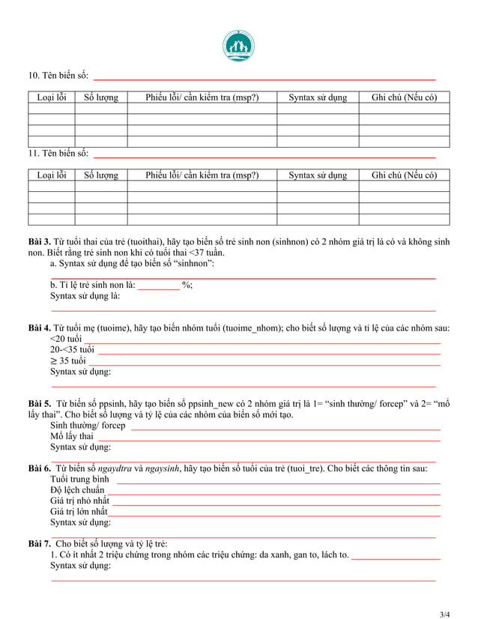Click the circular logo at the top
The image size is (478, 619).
pos(238,46)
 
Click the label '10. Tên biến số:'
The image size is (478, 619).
pos(58,76)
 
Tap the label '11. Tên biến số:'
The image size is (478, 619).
pos(58,154)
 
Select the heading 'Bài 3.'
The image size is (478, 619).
pos(39,242)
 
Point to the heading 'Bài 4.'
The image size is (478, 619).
pos(39,328)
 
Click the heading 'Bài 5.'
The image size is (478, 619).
pos(39,404)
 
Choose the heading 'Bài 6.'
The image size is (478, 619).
pos(39,468)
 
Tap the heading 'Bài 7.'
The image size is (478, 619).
pos(39,543)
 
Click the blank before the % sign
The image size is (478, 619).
pos(158,285)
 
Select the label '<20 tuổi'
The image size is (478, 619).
pos(66,339)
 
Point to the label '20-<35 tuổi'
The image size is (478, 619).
pos(72,350)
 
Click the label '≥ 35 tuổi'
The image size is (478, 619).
pos(67,361)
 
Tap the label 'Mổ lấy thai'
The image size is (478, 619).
pos(72,436)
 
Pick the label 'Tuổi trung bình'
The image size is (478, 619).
pos(79,480)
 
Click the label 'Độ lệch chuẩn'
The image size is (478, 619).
pos(77,490)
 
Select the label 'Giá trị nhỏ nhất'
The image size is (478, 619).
pos(79,501)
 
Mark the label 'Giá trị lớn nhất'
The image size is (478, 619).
pos(79,511)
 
